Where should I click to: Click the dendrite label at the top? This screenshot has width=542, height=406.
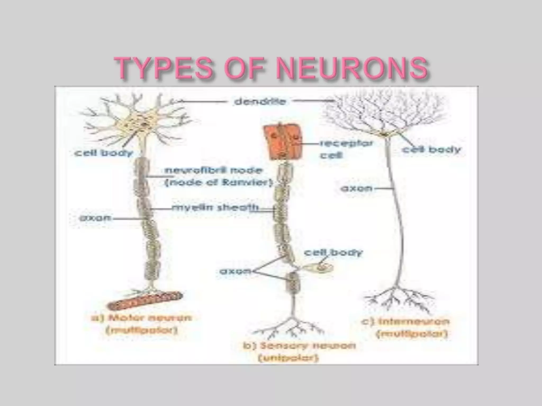tap(260, 102)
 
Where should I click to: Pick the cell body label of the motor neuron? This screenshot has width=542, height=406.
tap(103, 153)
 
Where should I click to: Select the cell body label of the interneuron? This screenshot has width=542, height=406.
tap(431, 150)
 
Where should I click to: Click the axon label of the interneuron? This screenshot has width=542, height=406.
tap(356, 188)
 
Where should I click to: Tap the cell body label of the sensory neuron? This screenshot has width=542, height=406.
tap(333, 253)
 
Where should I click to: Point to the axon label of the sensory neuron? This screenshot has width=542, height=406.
tap(235, 271)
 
